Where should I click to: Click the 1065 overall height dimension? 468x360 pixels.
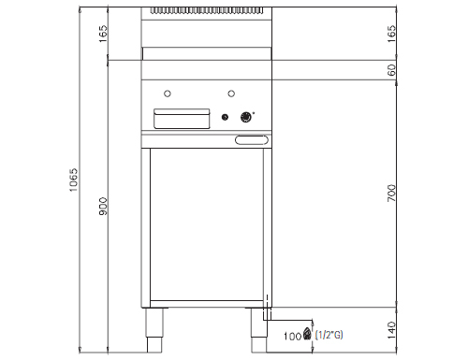tap(74, 180)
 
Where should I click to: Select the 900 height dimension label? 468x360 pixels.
tap(103, 206)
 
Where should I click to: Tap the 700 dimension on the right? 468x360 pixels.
tap(391, 193)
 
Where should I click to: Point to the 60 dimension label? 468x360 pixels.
tap(391, 70)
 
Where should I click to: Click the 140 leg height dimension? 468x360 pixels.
tap(391, 330)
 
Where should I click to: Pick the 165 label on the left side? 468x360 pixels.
tap(103, 34)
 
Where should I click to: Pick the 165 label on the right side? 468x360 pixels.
tap(391, 34)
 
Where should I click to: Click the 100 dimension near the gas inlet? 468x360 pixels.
tap(293, 336)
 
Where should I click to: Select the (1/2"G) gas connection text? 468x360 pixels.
tap(329, 335)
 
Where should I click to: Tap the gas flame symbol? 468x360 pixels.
tap(307, 334)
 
